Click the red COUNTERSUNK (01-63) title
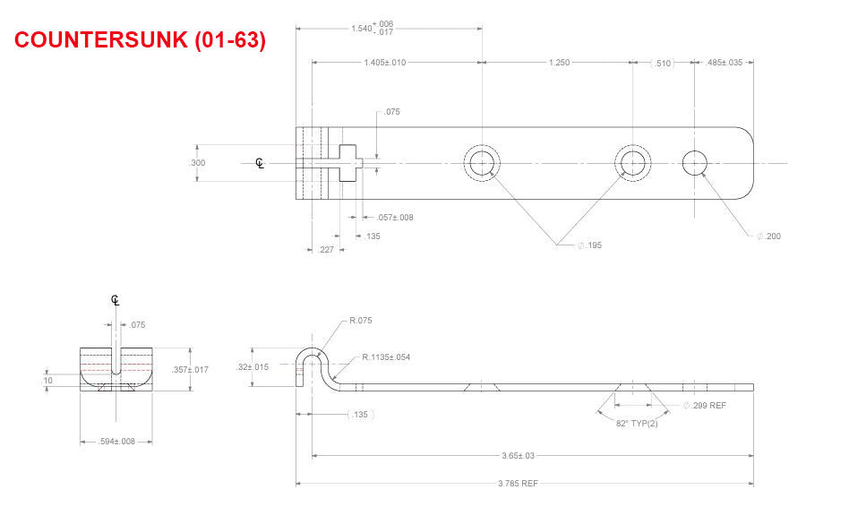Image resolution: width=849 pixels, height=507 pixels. pyautogui.click(x=141, y=40)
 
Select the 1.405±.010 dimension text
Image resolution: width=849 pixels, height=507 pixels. pyautogui.click(x=385, y=63)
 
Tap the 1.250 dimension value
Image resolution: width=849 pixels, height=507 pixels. pyautogui.click(x=558, y=63)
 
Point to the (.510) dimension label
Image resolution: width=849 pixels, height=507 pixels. pyautogui.click(x=662, y=63)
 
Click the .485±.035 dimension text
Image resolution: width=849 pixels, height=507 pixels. pyautogui.click(x=725, y=63)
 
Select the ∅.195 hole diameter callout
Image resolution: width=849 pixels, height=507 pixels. pyautogui.click(x=589, y=245)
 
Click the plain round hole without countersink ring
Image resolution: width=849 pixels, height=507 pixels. pyautogui.click(x=695, y=163)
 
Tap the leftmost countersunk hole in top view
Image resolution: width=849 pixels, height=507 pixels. pyautogui.click(x=482, y=163)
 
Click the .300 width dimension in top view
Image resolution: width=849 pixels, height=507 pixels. pyautogui.click(x=197, y=163)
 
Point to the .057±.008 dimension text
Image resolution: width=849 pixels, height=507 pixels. pyautogui.click(x=395, y=217)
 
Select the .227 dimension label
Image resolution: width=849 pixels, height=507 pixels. pyautogui.click(x=327, y=250)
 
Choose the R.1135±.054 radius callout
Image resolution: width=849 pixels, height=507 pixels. pyautogui.click(x=386, y=357)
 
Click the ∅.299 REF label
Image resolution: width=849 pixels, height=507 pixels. pyautogui.click(x=705, y=406)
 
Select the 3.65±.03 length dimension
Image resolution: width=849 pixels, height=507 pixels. pyautogui.click(x=517, y=456)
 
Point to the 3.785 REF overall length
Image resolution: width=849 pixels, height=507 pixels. pyautogui.click(x=517, y=484)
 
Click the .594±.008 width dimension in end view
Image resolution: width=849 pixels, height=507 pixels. pyautogui.click(x=116, y=442)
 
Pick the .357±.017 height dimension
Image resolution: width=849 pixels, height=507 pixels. pyautogui.click(x=190, y=369)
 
